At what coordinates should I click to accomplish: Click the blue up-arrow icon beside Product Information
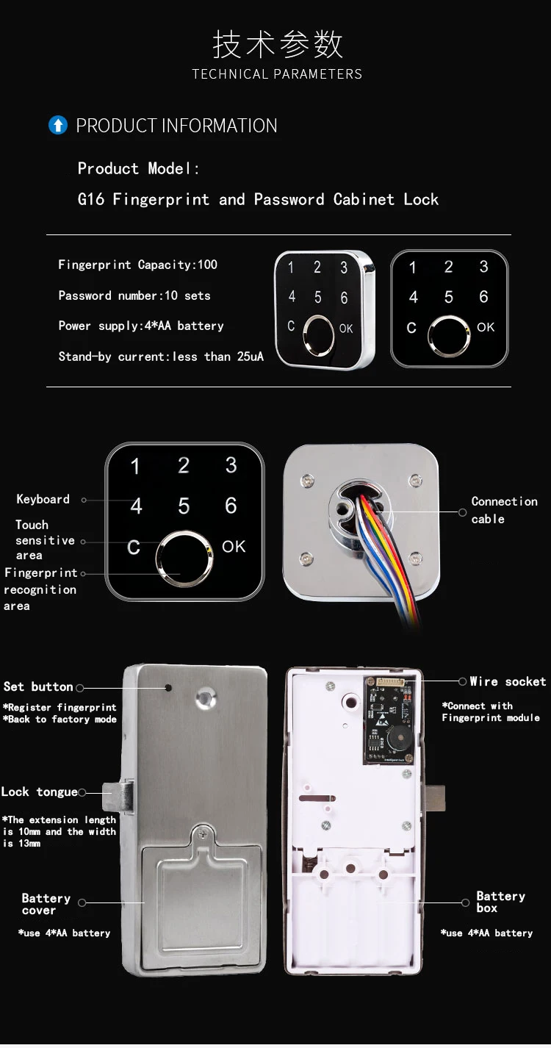57,126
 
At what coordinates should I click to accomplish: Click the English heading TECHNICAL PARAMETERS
277,74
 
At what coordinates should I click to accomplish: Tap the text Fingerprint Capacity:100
137,265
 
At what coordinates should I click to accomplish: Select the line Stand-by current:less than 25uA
161,356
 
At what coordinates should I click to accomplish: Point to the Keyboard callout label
43,499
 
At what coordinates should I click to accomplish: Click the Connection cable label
504,510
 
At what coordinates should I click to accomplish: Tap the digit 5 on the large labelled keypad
184,506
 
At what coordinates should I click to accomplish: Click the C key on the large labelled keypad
134,548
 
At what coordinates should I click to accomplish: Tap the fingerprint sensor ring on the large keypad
184,559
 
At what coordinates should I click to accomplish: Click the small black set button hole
168,689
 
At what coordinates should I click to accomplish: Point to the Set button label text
38,686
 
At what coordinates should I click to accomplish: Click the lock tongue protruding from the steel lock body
118,797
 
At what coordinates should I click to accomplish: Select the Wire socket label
508,682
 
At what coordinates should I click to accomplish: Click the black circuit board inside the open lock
389,720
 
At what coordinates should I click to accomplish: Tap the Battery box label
500,902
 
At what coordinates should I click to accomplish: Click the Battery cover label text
46,904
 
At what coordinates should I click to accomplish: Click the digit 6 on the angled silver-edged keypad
344,298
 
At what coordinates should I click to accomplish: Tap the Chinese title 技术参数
277,45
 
